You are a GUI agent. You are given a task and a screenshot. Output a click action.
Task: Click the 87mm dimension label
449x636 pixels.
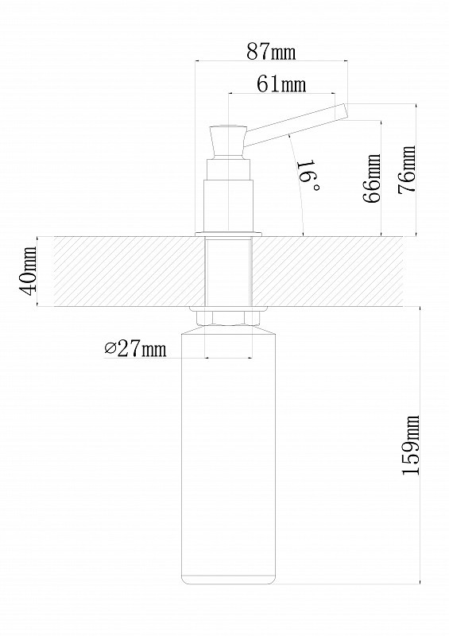point(271,52)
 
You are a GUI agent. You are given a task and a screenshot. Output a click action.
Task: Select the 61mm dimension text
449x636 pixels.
point(281,84)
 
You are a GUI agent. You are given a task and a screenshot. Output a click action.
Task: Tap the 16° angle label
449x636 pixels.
point(308,176)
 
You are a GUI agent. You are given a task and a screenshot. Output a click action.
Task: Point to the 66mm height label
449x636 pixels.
point(372,177)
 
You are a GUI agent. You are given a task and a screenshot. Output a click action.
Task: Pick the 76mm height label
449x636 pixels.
point(407,169)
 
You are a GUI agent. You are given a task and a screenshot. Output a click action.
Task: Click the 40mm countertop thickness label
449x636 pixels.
point(28,271)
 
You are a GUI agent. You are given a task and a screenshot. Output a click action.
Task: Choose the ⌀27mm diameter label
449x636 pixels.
point(135,348)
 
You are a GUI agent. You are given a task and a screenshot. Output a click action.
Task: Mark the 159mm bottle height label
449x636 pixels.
point(409,445)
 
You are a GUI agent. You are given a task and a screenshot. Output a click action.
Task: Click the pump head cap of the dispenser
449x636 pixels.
point(228,142)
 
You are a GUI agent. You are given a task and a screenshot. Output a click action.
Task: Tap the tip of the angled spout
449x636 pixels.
point(346,111)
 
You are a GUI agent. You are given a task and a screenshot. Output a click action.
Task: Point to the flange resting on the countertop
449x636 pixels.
point(228,234)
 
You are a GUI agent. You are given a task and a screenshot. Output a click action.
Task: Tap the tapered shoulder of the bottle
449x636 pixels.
point(228,329)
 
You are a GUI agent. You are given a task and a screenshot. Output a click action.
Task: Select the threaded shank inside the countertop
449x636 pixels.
point(228,272)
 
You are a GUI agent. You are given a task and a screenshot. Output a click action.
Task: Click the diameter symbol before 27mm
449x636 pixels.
point(110,348)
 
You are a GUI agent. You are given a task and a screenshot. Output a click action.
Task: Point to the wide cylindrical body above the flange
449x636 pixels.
point(228,206)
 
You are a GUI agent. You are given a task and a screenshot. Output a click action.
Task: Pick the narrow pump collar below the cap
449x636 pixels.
point(228,169)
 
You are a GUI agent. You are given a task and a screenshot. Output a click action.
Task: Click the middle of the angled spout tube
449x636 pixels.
point(296,125)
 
